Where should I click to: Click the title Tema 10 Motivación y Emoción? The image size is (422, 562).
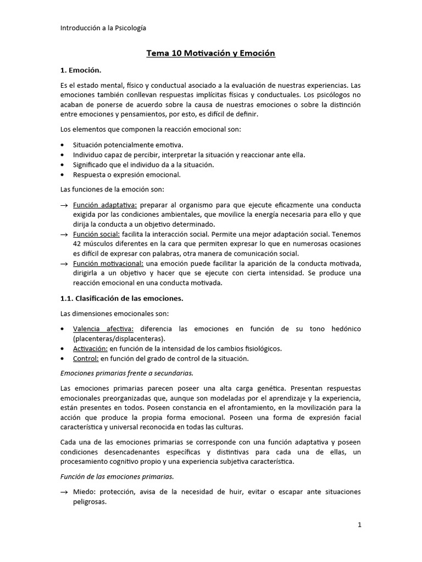(x=210, y=53)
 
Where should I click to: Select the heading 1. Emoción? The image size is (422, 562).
(x=81, y=70)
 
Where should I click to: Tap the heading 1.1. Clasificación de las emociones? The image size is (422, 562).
(x=121, y=298)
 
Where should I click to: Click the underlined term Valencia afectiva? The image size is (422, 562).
(x=103, y=329)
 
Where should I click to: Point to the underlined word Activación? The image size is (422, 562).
(x=90, y=349)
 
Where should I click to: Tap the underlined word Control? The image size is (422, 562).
(x=86, y=358)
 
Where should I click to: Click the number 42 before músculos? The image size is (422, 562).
(x=77, y=244)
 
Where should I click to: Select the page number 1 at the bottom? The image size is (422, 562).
(x=359, y=525)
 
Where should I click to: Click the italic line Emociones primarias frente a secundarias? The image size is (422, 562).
(x=126, y=373)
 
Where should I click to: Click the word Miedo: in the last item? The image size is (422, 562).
(x=84, y=492)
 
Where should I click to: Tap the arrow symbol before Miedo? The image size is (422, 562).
(x=64, y=492)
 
